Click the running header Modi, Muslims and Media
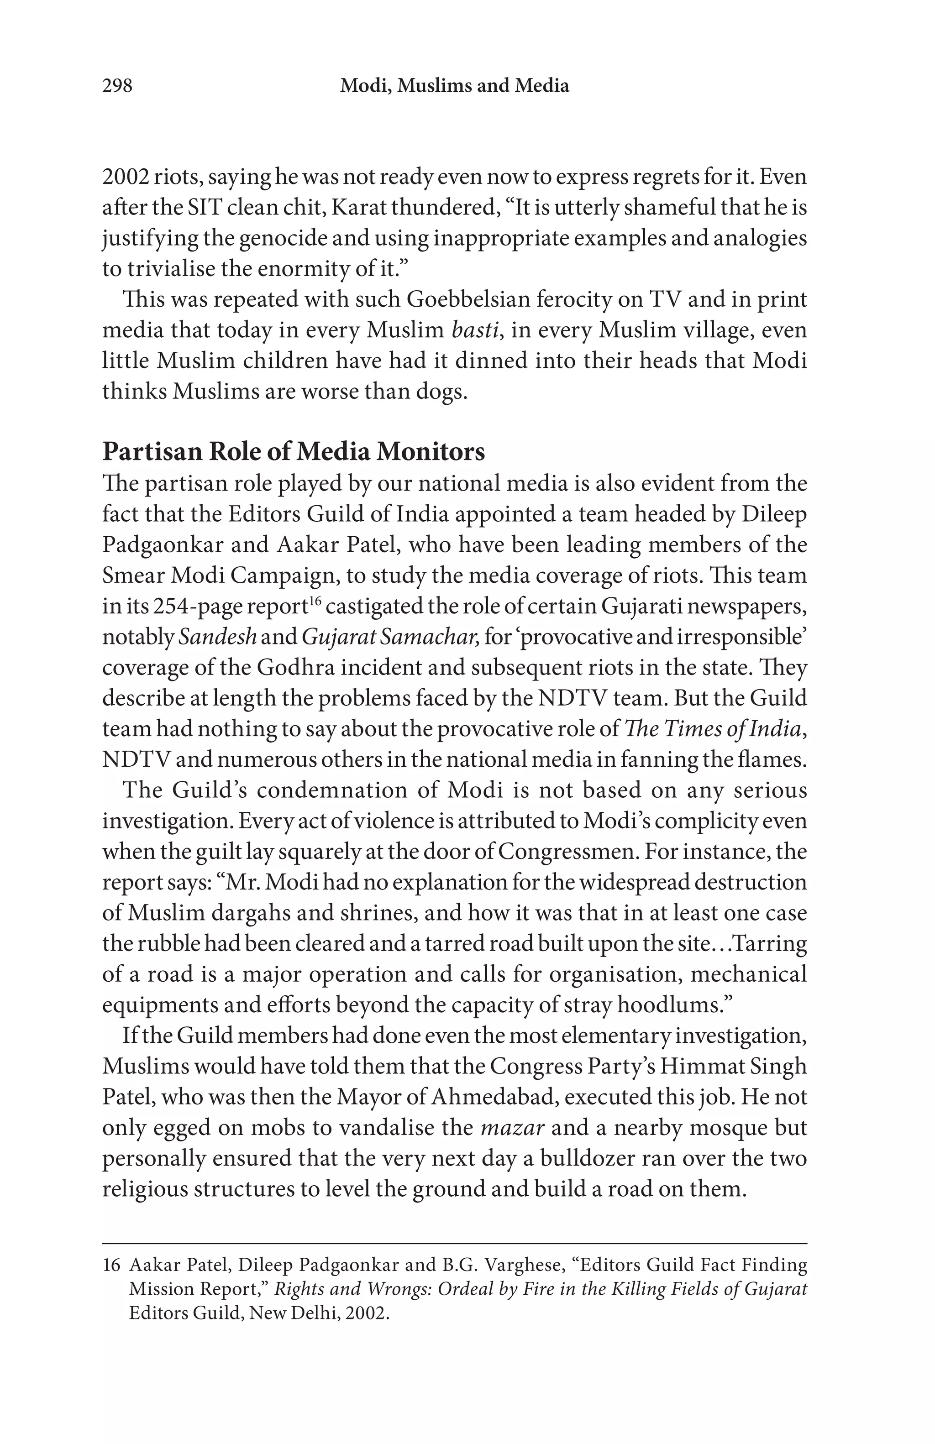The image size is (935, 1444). point(454,85)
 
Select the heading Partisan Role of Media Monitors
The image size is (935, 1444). point(294,452)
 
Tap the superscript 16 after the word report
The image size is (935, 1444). point(314,601)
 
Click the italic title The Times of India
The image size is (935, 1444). point(713,729)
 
